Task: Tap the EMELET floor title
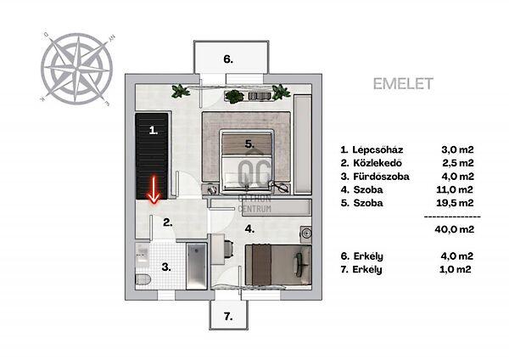(403, 84)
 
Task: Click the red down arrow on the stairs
(154, 190)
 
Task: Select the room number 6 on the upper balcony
(228, 59)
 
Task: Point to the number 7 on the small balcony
(228, 316)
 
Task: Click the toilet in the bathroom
(143, 279)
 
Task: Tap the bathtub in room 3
(197, 267)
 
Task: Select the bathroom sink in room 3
(143, 254)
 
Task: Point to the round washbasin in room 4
(305, 233)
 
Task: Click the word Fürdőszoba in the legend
(382, 177)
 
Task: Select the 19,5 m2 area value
(455, 203)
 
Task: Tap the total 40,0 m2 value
(455, 229)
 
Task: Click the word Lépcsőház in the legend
(378, 149)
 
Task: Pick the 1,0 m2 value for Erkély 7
(455, 269)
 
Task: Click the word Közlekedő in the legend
(378, 163)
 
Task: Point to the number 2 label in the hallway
(167, 222)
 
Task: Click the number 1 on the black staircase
(154, 131)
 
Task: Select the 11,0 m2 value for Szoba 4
(455, 189)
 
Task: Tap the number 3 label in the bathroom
(166, 267)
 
